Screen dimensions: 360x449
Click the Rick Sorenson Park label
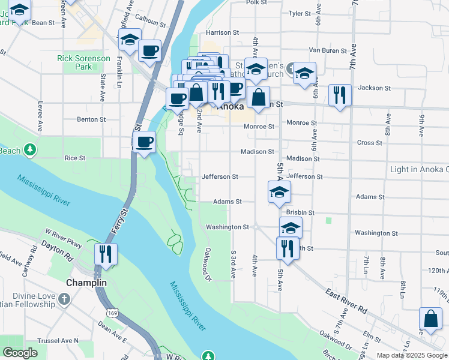(x=83, y=62)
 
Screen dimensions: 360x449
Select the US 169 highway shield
(x=112, y=313)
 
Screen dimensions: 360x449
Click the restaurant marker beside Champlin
(x=106, y=253)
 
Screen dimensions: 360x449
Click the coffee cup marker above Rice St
(x=144, y=143)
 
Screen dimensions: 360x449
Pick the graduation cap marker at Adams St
(x=279, y=193)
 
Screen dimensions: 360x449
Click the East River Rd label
(x=346, y=301)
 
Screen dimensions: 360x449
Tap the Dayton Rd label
(x=57, y=250)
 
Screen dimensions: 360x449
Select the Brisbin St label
(x=301, y=212)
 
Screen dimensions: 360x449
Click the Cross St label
(x=370, y=143)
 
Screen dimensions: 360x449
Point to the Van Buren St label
(x=324, y=50)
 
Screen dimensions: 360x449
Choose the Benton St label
(x=91, y=119)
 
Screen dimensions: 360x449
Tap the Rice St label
(x=75, y=158)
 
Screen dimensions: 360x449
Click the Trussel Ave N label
(x=58, y=341)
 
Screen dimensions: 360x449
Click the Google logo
(x=20, y=353)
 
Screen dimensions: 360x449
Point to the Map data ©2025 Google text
(x=411, y=355)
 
